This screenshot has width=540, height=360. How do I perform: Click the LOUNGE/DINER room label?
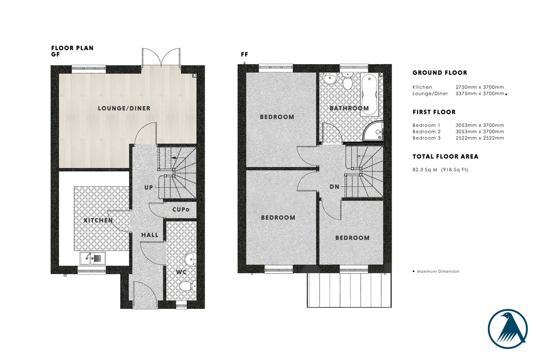pos(124,109)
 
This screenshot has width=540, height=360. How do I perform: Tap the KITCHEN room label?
pos(98,220)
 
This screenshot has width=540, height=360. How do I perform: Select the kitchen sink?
pos(92,258)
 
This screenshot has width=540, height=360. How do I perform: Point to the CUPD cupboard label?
pos(180,210)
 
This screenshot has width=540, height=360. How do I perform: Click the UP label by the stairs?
pos(149,188)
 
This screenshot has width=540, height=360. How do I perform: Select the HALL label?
pos(149,235)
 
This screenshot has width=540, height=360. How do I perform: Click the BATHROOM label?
pos(349,109)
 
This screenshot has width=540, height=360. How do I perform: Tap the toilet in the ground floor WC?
pos(186,286)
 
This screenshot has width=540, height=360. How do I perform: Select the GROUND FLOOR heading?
pos(440,73)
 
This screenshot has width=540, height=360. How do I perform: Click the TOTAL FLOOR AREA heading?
pos(445,157)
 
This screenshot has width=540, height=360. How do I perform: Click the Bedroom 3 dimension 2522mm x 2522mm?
pos(479,138)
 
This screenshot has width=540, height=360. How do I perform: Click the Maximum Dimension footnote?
pos(438,271)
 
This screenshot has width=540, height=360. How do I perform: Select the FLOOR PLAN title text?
pos(72,48)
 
